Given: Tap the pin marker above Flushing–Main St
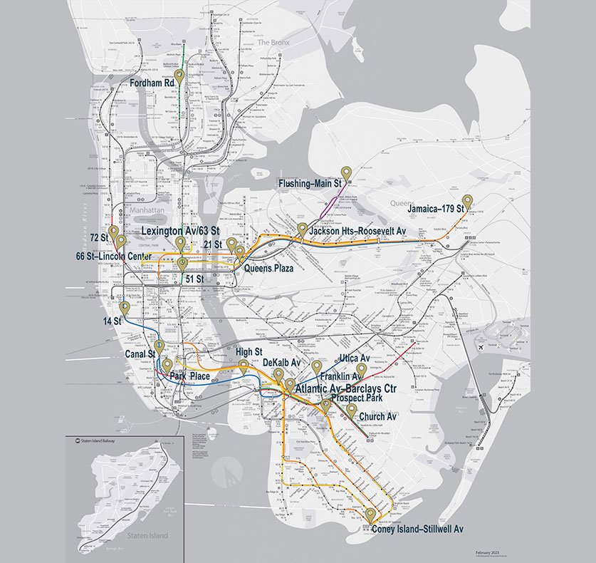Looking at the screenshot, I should coord(346,172).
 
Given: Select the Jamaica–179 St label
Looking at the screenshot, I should coord(436,210).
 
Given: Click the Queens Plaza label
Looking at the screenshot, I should coord(270,269).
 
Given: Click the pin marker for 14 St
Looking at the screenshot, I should coord(125,309).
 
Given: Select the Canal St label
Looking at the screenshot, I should coord(140,354).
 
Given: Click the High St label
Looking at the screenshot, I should coord(249,352).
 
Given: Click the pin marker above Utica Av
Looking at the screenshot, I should coord(361,369).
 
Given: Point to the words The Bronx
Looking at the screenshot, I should coord(271,43).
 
